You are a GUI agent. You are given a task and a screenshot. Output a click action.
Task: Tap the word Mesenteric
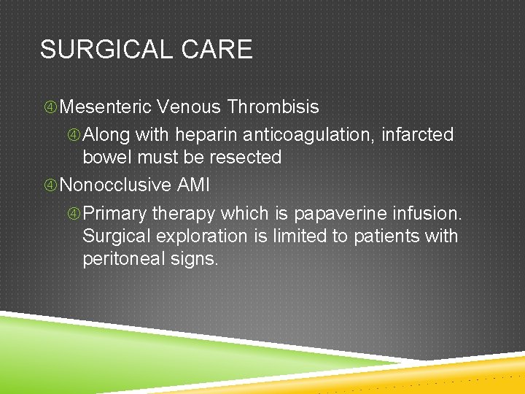pos(106,107)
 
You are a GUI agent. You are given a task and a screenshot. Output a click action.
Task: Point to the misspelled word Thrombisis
pos(273,107)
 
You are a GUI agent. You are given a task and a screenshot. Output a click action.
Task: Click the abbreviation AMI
pos(193,185)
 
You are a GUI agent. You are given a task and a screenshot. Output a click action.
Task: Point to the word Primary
pos(116,214)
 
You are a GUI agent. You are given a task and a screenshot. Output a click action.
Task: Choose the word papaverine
pos(341,214)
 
